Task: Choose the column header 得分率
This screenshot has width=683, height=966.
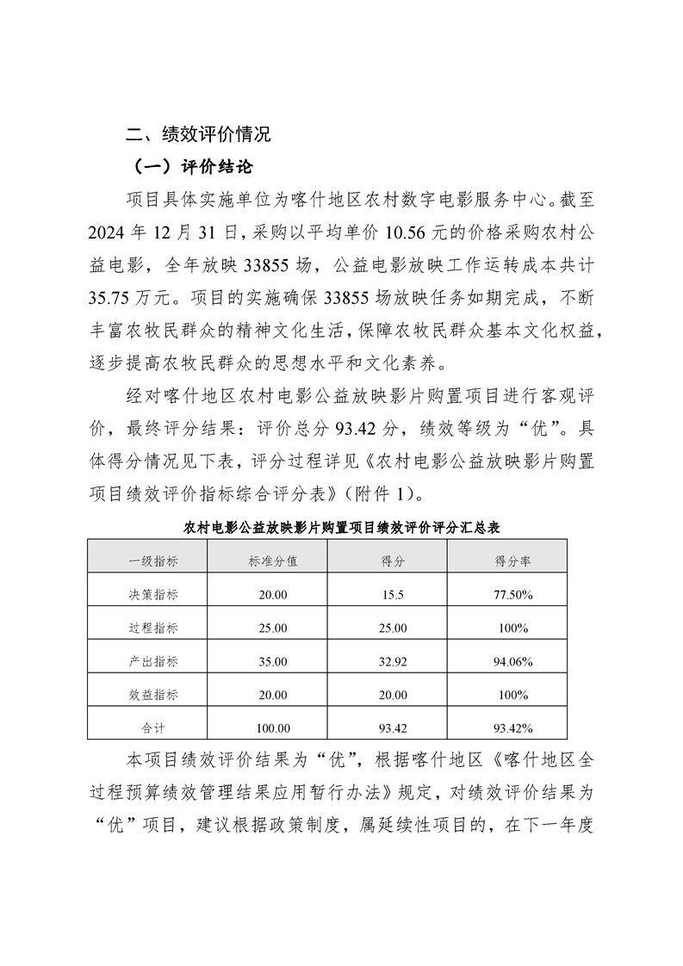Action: pos(512,560)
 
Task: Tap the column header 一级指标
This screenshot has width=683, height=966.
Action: pos(153,560)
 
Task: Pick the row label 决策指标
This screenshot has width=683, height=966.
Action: pos(153,594)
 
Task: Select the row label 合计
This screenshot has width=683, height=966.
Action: pos(153,728)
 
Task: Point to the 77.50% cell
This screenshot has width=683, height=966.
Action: pos(512,594)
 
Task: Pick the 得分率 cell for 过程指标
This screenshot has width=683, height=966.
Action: pos(512,628)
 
